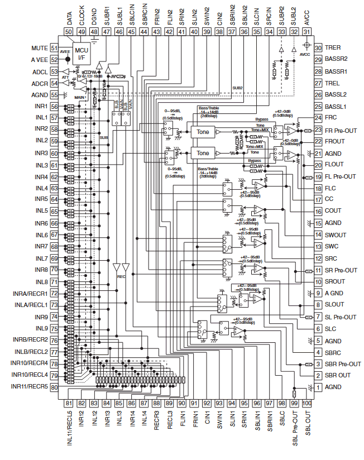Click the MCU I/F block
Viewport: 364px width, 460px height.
coord(82,55)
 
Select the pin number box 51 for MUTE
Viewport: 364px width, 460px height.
coord(54,48)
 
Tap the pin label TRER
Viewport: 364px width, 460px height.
coord(333,48)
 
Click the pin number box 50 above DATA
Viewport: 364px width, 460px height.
coord(69,32)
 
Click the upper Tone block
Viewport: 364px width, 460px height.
coord(203,132)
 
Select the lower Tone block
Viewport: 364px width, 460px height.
coord(203,153)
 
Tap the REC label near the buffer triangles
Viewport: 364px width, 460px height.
coord(121,276)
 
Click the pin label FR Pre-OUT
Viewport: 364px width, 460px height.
coord(341,130)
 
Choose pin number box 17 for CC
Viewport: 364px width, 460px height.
coord(318,199)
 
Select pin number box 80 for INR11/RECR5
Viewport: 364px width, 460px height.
coord(54,387)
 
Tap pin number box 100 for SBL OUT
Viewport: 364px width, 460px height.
coord(306,402)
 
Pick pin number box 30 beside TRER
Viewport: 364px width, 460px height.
coord(318,48)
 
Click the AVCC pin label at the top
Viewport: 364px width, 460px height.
coord(306,17)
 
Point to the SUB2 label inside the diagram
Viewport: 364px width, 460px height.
coord(238,88)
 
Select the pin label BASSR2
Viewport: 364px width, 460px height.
coord(337,59)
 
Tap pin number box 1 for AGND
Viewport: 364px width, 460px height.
coord(318,387)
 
